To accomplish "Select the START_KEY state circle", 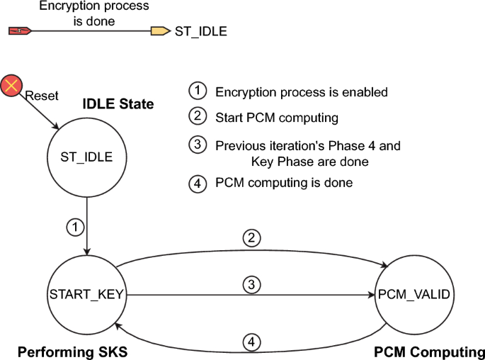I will click(x=86, y=293).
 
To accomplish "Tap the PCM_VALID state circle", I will click(x=413, y=293).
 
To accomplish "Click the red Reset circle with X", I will click(x=11, y=86).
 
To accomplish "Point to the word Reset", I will click(x=42, y=96).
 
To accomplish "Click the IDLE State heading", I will click(x=118, y=104).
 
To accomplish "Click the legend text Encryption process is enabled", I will click(x=302, y=92).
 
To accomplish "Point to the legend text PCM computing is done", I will click(x=283, y=183).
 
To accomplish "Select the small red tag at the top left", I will click(x=19, y=30).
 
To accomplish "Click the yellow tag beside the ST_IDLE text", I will click(x=160, y=30).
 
